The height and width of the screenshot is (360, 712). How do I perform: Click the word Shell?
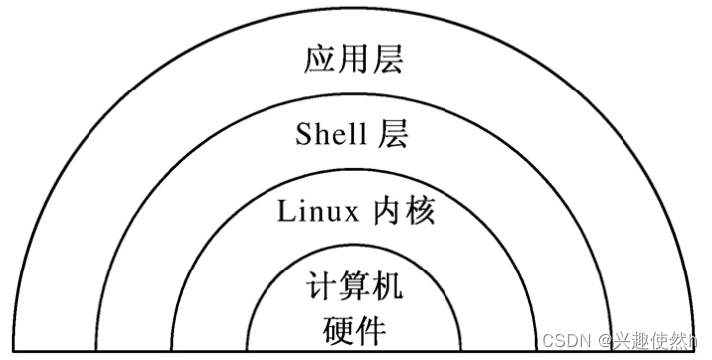(331, 134)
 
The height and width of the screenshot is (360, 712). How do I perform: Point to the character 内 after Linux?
(388, 211)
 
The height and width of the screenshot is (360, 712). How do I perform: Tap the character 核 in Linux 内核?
(421, 211)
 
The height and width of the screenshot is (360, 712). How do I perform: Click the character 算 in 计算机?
(355, 288)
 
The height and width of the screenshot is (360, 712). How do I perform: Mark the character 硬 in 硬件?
(338, 328)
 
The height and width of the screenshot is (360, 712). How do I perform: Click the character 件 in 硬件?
(373, 328)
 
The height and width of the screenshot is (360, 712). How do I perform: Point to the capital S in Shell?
(304, 134)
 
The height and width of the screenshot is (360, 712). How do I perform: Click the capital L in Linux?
(285, 211)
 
